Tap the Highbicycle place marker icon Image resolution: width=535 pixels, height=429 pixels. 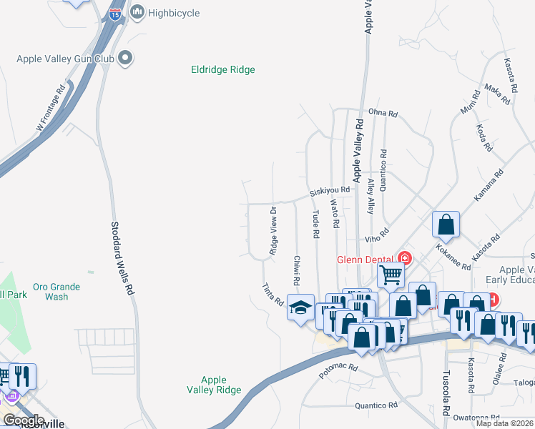click(x=137, y=12)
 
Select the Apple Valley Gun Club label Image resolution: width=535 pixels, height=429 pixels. click(x=69, y=58)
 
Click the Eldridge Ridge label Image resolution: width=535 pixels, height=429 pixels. click(x=223, y=70)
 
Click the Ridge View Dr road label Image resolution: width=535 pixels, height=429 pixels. click(x=273, y=231)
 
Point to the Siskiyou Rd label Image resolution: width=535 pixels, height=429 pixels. click(x=329, y=192)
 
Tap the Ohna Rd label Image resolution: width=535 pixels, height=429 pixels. click(x=383, y=112)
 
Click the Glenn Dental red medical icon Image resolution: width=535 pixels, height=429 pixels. click(x=405, y=258)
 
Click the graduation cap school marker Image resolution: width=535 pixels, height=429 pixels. click(x=300, y=307)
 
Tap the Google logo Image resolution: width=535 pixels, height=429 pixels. click(x=23, y=420)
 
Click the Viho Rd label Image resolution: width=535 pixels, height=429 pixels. click(x=376, y=232)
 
